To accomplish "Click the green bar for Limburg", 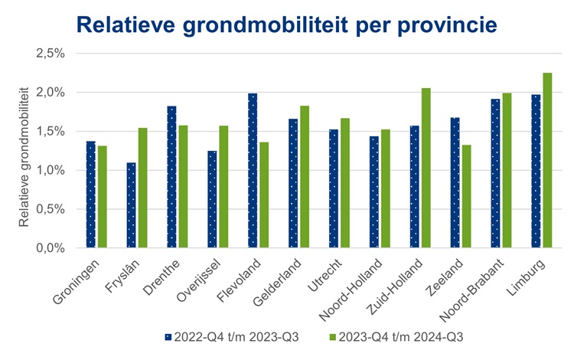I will pos(547,161).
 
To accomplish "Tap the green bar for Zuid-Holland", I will pos(426,169).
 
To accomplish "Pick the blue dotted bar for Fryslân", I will pos(131,205).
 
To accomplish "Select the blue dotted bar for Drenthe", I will pos(171,177).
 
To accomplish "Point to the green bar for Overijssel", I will pos(223,187).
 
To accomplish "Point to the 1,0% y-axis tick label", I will pos(51,170).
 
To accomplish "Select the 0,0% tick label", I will pos(51,248).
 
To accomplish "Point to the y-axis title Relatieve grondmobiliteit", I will pos(24,156).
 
